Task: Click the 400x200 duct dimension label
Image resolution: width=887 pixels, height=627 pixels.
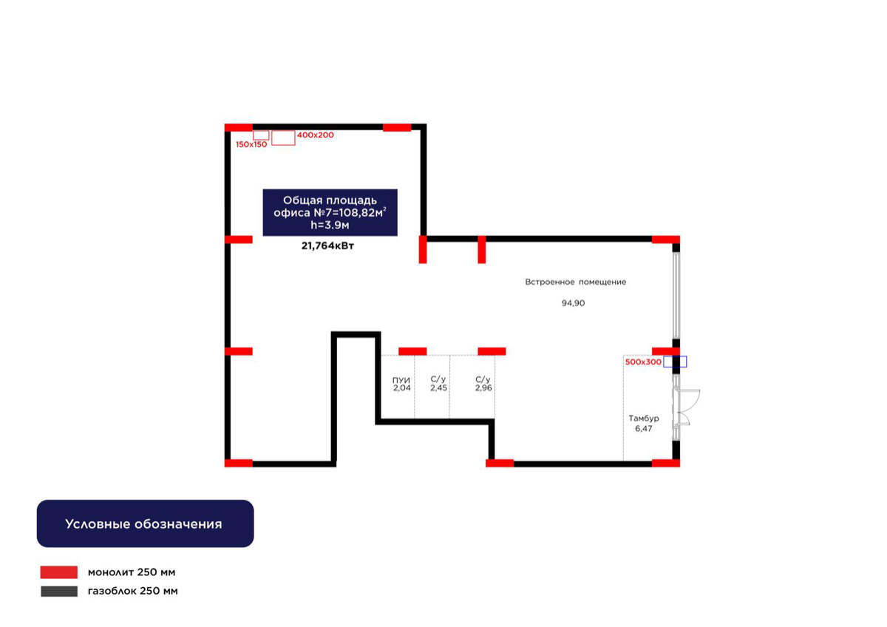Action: click(x=315, y=135)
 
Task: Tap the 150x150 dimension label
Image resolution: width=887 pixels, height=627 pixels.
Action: click(x=251, y=145)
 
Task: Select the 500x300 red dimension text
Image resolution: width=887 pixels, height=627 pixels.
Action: click(x=643, y=362)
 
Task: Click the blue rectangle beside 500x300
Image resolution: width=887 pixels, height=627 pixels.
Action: click(x=675, y=362)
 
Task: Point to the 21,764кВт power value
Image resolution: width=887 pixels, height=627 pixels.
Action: click(x=327, y=246)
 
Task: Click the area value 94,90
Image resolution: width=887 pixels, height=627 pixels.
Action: click(x=573, y=303)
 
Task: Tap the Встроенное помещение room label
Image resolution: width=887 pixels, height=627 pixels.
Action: click(x=575, y=282)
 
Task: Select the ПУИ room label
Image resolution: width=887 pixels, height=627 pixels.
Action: click(x=401, y=380)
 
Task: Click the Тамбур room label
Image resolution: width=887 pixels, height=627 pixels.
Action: click(x=644, y=418)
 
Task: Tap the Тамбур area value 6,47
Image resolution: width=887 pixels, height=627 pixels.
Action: click(x=644, y=429)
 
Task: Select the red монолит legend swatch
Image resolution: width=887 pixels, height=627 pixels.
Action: click(x=59, y=572)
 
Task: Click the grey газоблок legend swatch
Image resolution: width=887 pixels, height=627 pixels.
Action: click(x=59, y=591)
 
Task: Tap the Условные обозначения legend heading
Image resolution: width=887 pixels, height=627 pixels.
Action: click(x=143, y=524)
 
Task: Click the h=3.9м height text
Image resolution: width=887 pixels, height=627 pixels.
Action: click(x=330, y=226)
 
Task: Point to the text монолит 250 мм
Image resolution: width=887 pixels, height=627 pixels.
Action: click(x=132, y=572)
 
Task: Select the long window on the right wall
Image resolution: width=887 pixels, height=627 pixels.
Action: click(x=676, y=296)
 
